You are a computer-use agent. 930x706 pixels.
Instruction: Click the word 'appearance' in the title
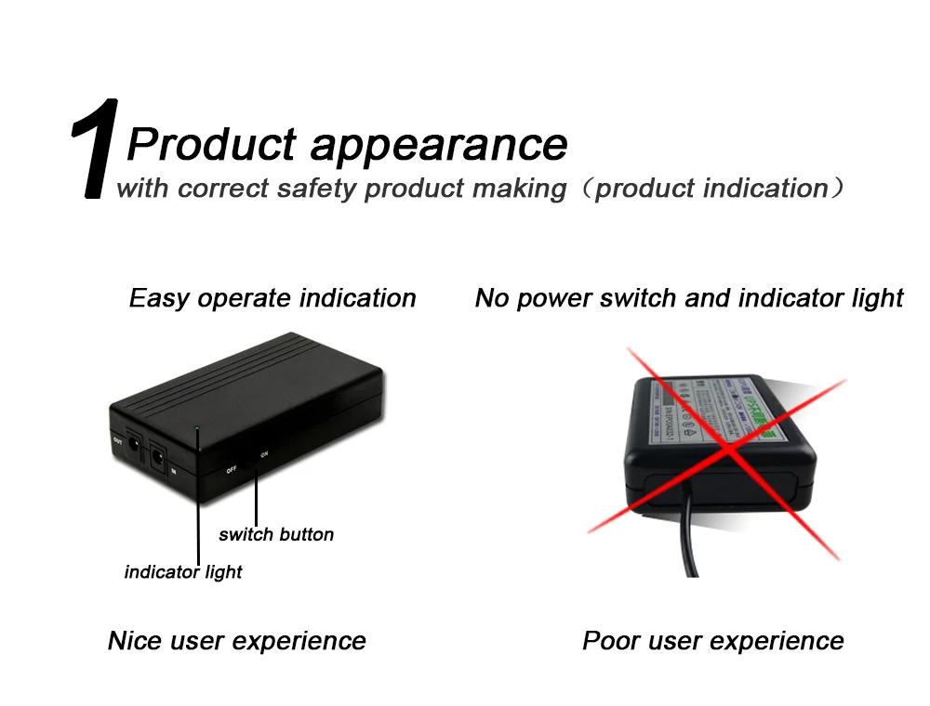[437, 144]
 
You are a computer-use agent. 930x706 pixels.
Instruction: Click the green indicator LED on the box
[197, 428]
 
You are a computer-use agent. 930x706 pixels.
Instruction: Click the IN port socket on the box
[158, 457]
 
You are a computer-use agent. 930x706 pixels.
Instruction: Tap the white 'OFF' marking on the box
[231, 470]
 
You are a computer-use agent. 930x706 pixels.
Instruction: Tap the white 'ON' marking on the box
[264, 454]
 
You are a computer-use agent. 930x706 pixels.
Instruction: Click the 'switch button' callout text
[276, 534]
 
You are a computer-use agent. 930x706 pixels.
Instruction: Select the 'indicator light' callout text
[183, 572]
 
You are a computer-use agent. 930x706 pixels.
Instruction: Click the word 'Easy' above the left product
[159, 298]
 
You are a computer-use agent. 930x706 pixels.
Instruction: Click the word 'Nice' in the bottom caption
[136, 641]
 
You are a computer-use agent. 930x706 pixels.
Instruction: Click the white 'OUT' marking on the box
[117, 439]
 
